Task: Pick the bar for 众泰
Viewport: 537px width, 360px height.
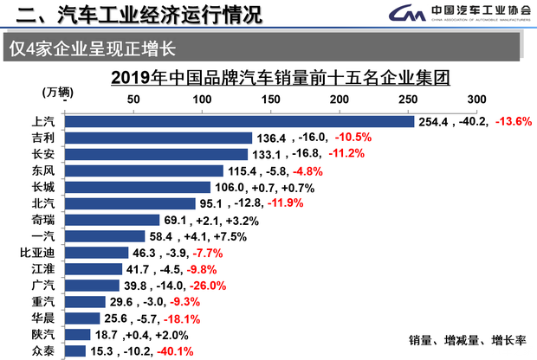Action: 75,350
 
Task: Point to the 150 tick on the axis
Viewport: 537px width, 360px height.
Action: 270,100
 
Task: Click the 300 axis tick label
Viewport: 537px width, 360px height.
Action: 476,100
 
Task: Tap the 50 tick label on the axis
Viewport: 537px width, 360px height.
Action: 133,100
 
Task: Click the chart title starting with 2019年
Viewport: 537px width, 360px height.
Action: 281,78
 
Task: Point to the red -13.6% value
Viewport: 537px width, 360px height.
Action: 513,122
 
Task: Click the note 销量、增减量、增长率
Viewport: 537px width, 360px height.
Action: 467,338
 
